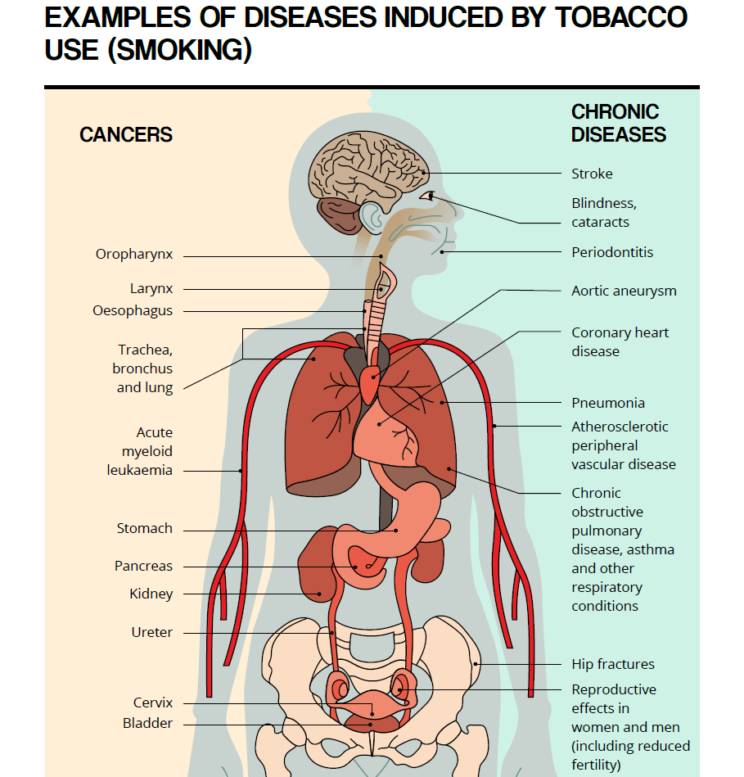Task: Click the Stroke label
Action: (592, 174)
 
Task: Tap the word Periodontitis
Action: (612, 252)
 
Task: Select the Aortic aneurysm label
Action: (625, 291)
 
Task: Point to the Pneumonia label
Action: (608, 403)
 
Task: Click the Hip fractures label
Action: (613, 664)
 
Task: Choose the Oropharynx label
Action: (134, 254)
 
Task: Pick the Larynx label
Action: (151, 288)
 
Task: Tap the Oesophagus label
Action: (133, 310)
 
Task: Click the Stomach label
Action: (145, 528)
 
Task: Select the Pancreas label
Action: (144, 566)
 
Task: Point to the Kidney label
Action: (151, 594)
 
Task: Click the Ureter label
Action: (152, 632)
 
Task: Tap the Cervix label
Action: (153, 702)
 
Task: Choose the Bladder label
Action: (147, 724)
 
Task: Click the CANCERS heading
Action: (126, 135)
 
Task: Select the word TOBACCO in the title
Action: (621, 17)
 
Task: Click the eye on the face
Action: (428, 196)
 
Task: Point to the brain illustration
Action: (369, 169)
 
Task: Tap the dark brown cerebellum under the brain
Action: (340, 215)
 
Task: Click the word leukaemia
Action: (140, 470)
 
